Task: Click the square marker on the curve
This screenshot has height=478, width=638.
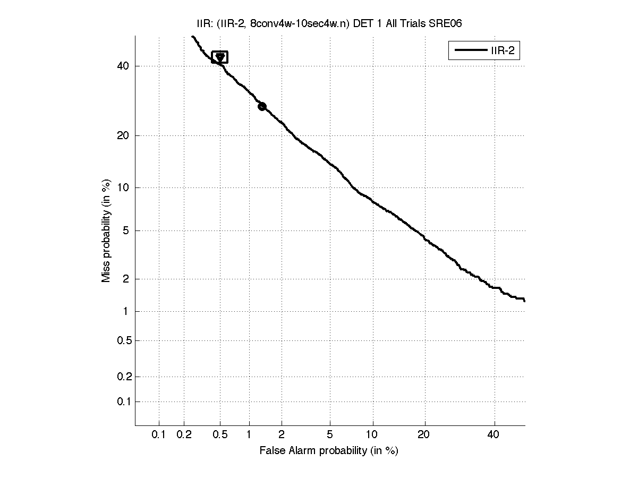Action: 219,57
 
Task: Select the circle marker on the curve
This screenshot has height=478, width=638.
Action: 262,106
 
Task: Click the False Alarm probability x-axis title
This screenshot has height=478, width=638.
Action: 329,451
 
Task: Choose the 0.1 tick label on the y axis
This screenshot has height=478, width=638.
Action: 123,402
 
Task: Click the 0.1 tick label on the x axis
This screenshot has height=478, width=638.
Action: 159,435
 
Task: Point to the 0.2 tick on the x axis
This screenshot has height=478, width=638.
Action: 184,435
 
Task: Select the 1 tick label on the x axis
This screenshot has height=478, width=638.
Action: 249,435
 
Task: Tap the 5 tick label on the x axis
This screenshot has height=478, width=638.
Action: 330,435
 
